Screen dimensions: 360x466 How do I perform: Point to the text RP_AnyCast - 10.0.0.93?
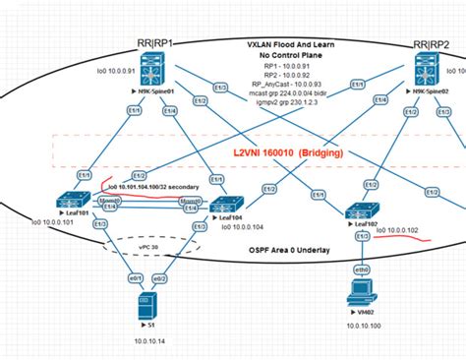pos(292,84)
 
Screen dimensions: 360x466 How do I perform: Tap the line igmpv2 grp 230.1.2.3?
pos(292,103)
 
